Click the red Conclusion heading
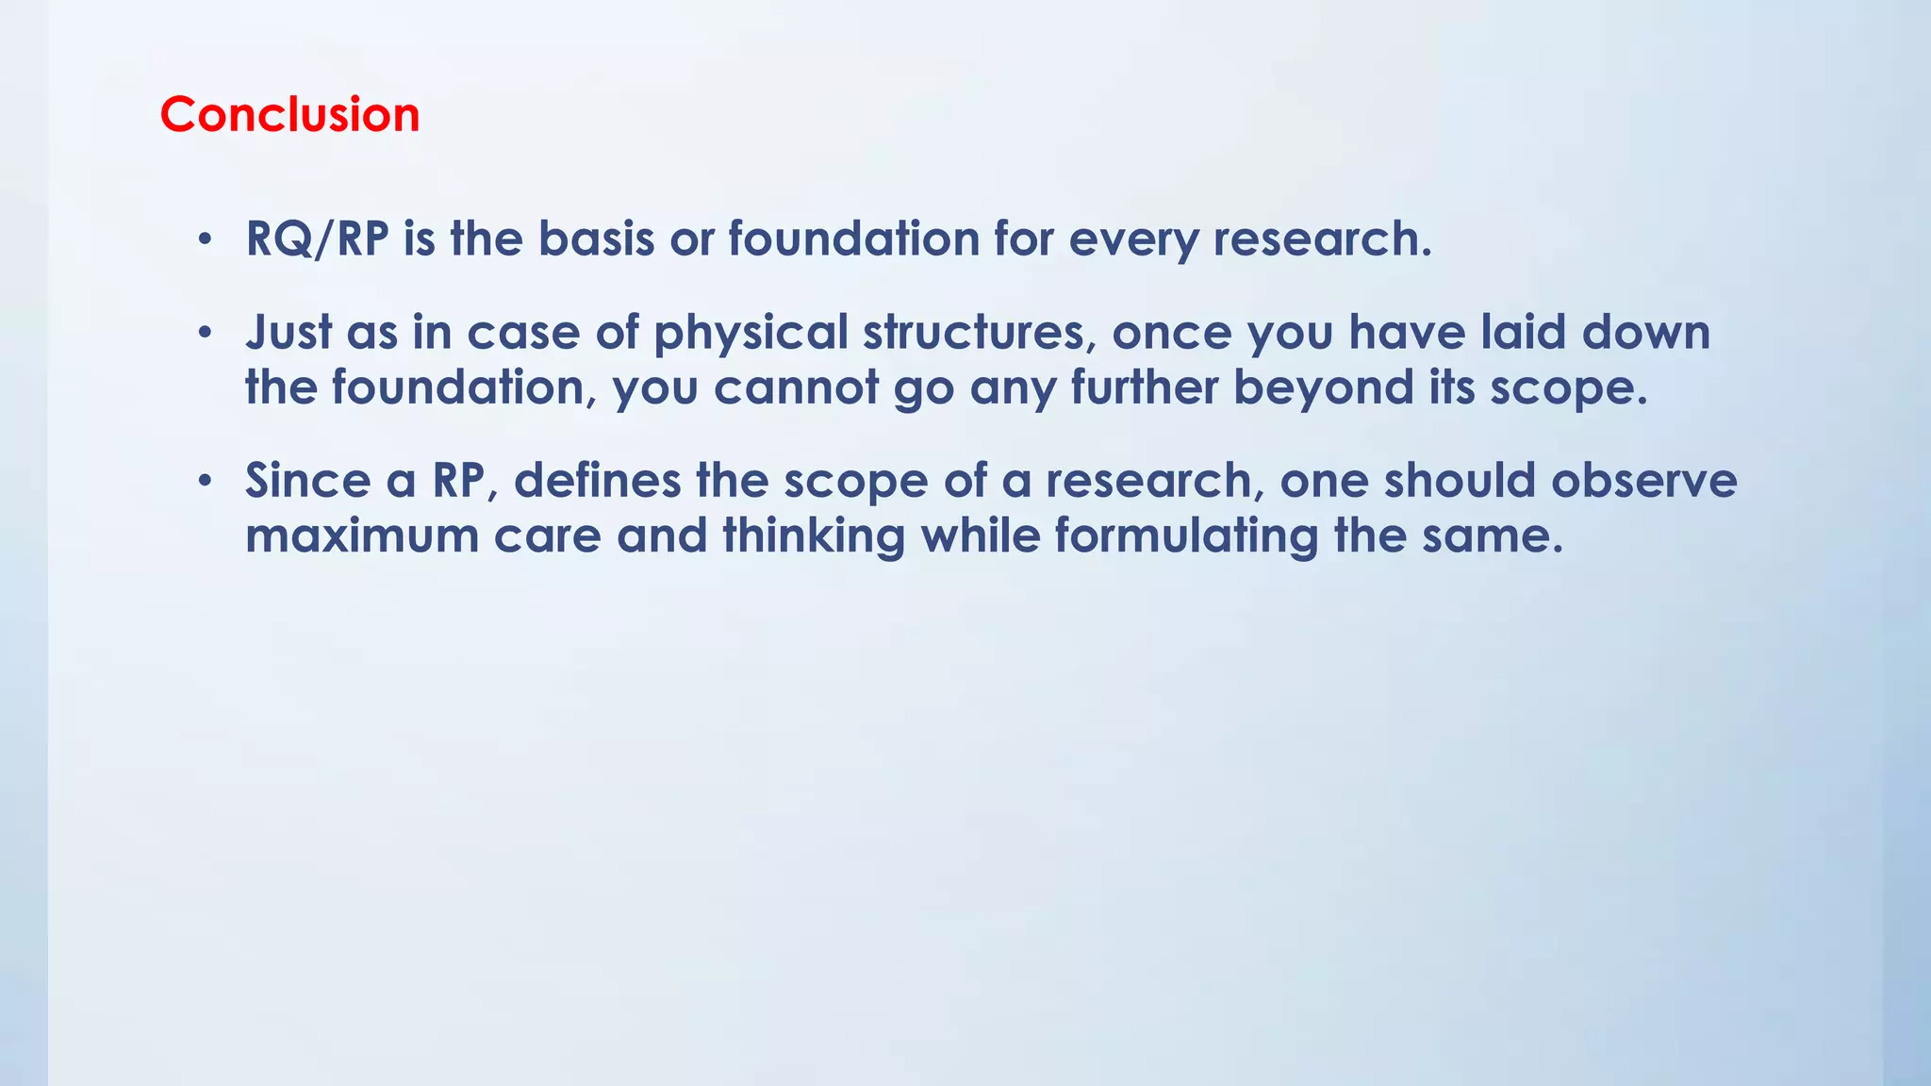click(x=289, y=115)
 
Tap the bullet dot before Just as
click(x=205, y=333)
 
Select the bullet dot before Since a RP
click(x=205, y=481)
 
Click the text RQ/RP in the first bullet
click(x=317, y=239)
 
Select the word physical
click(x=751, y=334)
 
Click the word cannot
click(x=795, y=387)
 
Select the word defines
click(x=597, y=481)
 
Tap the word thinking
click(x=813, y=535)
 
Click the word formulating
click(x=1185, y=535)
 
